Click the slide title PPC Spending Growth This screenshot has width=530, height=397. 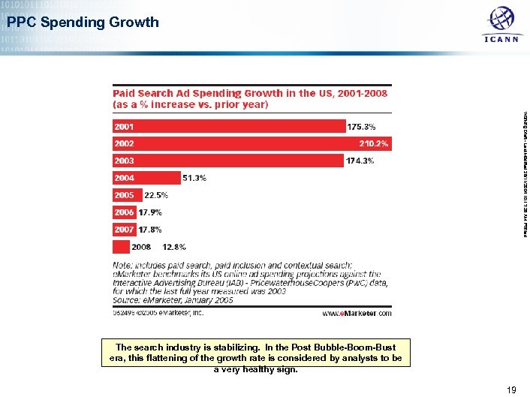coord(83,22)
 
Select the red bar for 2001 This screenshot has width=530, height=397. coord(229,126)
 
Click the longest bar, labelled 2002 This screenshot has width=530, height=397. coord(240,143)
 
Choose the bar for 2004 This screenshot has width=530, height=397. coord(146,178)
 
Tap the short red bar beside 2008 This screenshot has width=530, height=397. coord(121,246)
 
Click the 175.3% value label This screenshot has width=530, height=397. coord(363,126)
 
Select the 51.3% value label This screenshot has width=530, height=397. coord(194,178)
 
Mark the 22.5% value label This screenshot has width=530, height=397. coord(156,195)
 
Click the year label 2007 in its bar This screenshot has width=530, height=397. coord(124,229)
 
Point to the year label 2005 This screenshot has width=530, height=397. coord(124,195)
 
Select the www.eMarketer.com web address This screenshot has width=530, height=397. coord(357,314)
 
